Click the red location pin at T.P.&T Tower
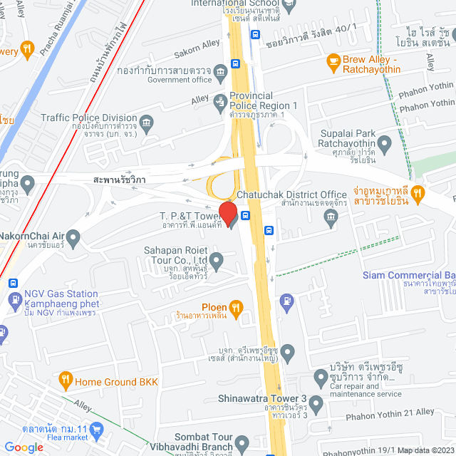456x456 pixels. point(227,212)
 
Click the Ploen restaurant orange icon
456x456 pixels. point(237,307)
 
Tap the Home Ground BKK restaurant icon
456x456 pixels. point(65,379)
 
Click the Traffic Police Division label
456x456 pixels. point(88,118)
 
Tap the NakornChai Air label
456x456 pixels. point(42,236)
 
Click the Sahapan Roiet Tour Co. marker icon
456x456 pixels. point(216,259)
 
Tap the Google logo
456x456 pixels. point(24,447)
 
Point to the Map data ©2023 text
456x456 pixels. point(425,450)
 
